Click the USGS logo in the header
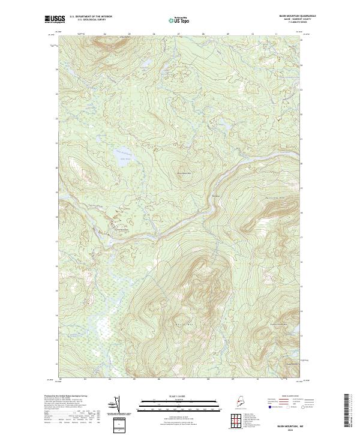(55, 19)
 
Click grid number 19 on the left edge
(58, 193)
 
